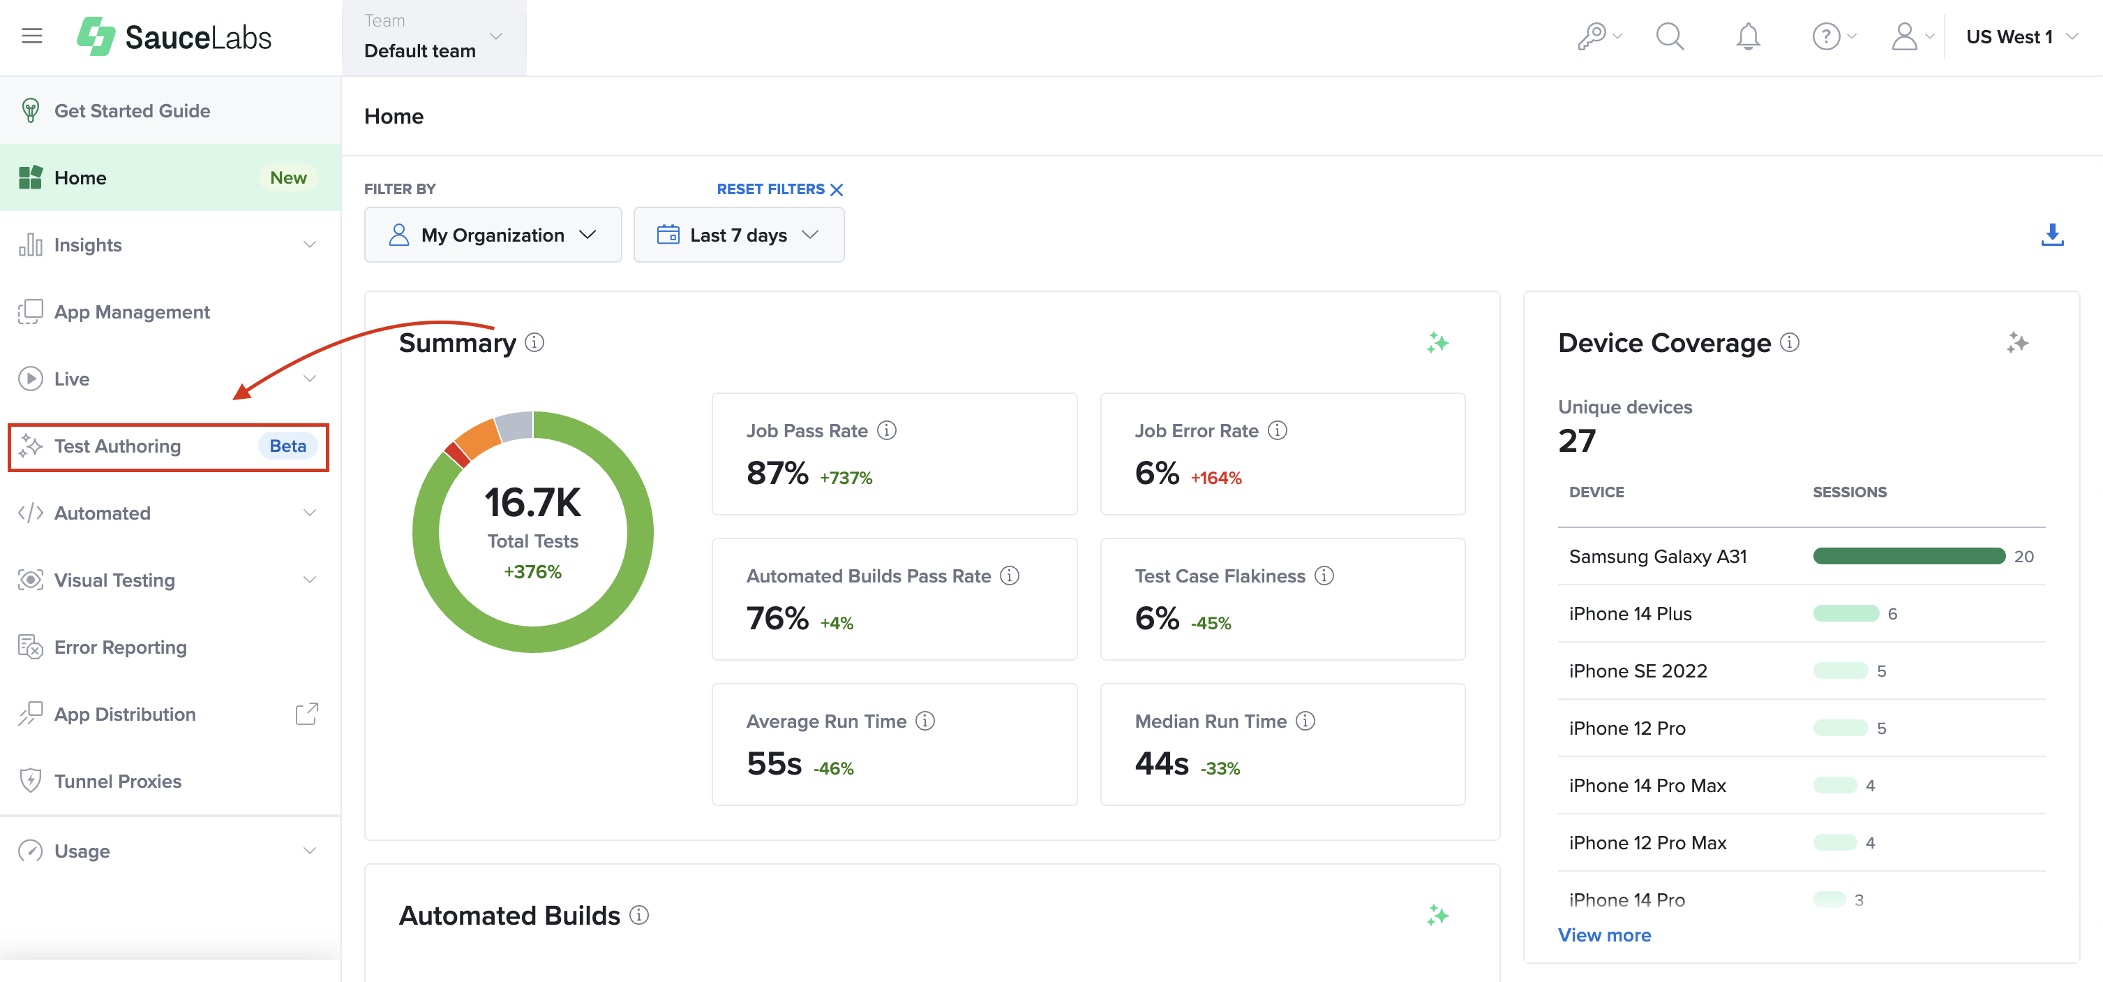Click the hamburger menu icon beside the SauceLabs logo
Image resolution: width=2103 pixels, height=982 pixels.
pyautogui.click(x=32, y=36)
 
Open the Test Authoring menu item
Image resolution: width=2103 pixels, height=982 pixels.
pyautogui.click(x=117, y=446)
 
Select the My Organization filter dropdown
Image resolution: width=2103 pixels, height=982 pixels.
pyautogui.click(x=493, y=235)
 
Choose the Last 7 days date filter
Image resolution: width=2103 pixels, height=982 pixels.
pyautogui.click(x=738, y=235)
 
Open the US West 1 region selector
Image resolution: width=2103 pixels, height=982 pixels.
pyautogui.click(x=2021, y=37)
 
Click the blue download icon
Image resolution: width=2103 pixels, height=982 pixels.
pyautogui.click(x=2051, y=235)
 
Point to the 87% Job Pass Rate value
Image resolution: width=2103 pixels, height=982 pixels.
pyautogui.click(x=777, y=473)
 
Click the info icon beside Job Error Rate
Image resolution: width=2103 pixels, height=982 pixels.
pyautogui.click(x=1278, y=430)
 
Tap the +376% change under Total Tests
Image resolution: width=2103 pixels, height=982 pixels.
pyautogui.click(x=532, y=572)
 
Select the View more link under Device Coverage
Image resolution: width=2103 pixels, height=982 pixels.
pyautogui.click(x=1604, y=935)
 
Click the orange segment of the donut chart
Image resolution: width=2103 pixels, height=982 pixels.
pyautogui.click(x=477, y=437)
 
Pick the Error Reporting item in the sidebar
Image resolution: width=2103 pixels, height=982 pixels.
pyautogui.click(x=120, y=647)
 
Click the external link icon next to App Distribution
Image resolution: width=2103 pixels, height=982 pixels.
pyautogui.click(x=306, y=714)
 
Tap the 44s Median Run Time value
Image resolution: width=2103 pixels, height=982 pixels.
pyautogui.click(x=1161, y=764)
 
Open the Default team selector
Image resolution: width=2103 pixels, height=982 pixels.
pyautogui.click(x=433, y=38)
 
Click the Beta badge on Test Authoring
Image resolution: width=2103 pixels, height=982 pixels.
pyautogui.click(x=287, y=446)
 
